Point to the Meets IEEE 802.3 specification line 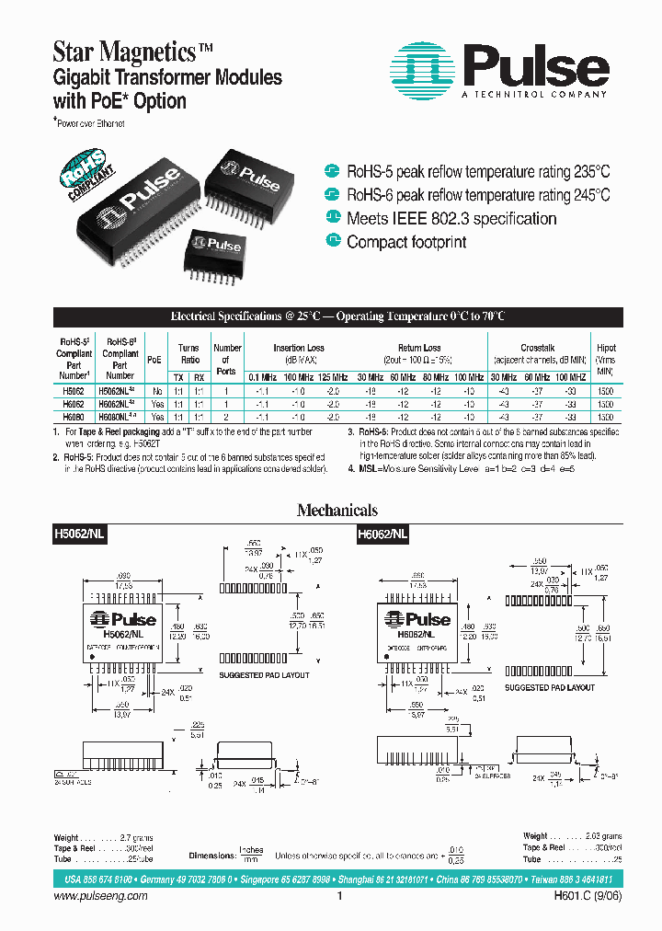click(x=451, y=219)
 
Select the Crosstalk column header click(x=537, y=349)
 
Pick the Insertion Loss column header click(x=298, y=349)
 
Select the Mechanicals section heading click(x=337, y=511)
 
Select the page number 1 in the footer click(x=339, y=896)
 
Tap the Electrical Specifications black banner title click(x=337, y=316)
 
